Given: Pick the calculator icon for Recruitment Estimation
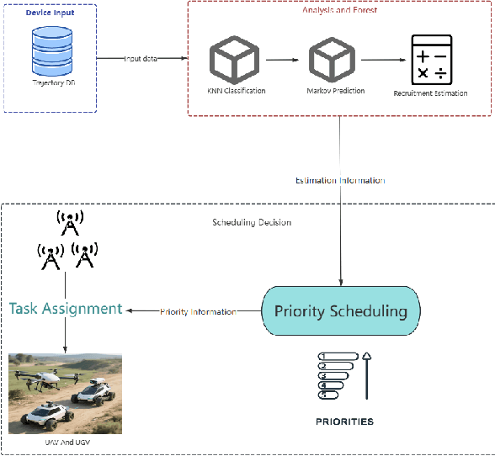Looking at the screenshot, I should click(x=431, y=60).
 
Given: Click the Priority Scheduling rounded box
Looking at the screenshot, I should click(x=340, y=310).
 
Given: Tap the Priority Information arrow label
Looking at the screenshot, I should click(x=199, y=311).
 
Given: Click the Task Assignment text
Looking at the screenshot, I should click(x=66, y=309).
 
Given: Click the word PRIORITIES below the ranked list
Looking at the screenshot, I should click(x=345, y=421).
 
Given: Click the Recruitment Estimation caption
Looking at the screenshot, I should click(x=431, y=93).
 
